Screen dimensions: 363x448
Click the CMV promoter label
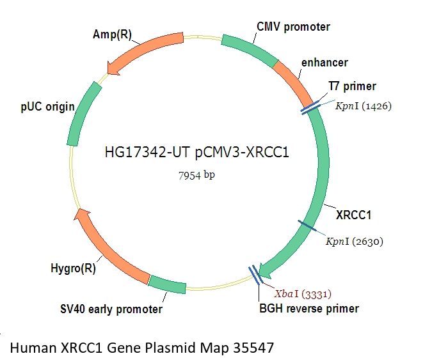[293, 27]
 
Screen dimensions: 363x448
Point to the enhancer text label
[324, 63]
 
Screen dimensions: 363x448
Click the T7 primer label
[352, 86]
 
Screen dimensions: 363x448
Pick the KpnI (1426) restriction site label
[364, 106]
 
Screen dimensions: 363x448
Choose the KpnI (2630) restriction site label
[355, 241]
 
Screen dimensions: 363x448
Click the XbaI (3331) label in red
[303, 293]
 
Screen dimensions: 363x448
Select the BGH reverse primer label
[308, 309]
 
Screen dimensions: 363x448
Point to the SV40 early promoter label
[108, 310]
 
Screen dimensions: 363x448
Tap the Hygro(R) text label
[75, 268]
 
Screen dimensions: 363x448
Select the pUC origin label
[47, 107]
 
